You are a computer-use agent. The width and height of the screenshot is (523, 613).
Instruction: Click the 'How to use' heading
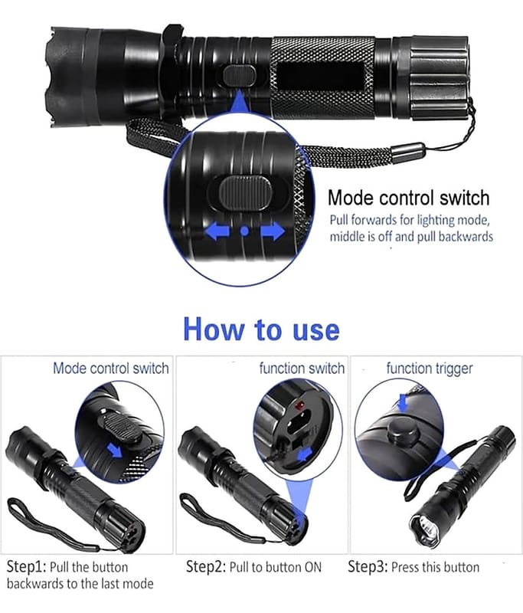(261, 329)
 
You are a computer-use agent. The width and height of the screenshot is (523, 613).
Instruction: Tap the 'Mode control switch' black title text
(409, 198)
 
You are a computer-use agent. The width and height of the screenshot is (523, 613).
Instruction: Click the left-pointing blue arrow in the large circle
(217, 231)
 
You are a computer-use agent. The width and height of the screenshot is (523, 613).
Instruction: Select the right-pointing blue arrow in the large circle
(273, 231)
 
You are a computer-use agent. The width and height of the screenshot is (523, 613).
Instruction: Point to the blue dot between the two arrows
(244, 231)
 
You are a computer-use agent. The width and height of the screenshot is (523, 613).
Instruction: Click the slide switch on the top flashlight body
(240, 75)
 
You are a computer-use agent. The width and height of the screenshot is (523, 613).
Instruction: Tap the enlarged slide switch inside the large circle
(245, 193)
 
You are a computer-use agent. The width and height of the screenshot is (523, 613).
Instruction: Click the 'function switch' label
(302, 369)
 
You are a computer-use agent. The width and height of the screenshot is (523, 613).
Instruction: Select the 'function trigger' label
(430, 369)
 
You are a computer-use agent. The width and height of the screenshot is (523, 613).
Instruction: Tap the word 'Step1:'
(27, 567)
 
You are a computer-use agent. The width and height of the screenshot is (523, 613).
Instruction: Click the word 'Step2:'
(206, 566)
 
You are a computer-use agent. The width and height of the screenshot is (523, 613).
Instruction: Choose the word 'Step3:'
(368, 566)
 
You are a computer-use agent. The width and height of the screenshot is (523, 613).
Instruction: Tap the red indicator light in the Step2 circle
(301, 407)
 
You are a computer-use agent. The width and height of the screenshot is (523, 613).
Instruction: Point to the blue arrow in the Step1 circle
(114, 451)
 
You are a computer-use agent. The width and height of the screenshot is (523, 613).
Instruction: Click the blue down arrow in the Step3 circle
(403, 402)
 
